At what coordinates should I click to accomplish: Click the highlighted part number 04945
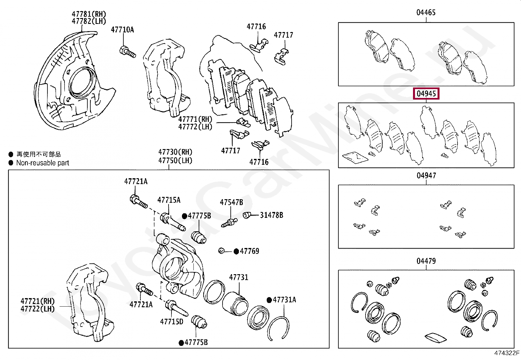[426, 94]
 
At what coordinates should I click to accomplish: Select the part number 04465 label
[426, 12]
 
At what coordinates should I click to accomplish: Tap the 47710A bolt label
[122, 30]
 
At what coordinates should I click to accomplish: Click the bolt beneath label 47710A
[128, 52]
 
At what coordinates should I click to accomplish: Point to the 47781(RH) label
[89, 14]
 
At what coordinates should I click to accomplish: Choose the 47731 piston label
[239, 277]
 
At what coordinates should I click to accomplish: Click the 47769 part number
[249, 251]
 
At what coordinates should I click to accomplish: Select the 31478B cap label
[271, 215]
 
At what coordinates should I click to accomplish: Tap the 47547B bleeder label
[231, 202]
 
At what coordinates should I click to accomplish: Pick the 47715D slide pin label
[171, 322]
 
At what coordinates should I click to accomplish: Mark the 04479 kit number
[426, 261]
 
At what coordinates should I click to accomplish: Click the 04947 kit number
[426, 176]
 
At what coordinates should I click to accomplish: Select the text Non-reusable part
[43, 163]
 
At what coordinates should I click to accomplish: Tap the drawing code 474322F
[507, 353]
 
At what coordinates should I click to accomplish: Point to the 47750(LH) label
[175, 161]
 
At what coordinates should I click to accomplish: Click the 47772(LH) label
[195, 127]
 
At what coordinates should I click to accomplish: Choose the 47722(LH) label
[38, 309]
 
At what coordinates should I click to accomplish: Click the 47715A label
[169, 200]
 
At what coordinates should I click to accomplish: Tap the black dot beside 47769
[236, 252]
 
